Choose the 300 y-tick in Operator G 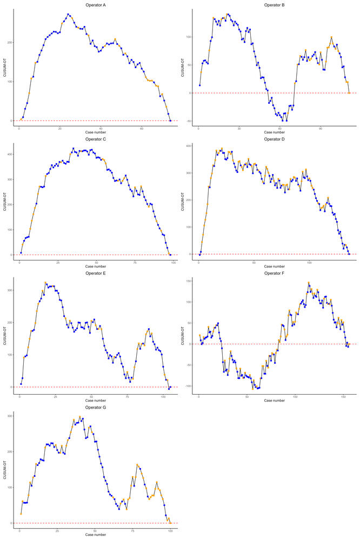[x=9, y=416]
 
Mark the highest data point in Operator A [x=68, y=15]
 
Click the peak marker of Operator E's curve [x=45, y=283]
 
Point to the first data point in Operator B [x=199, y=85]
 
